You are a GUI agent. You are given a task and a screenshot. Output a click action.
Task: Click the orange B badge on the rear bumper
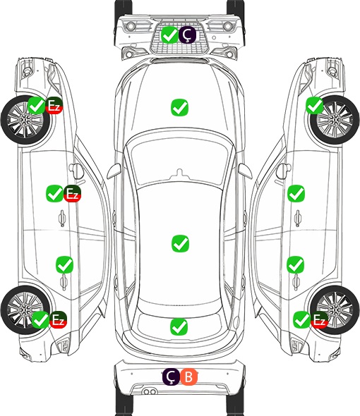click(189, 377)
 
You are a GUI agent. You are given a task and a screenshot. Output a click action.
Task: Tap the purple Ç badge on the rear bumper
click(171, 377)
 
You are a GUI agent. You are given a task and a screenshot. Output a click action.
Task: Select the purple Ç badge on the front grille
click(187, 35)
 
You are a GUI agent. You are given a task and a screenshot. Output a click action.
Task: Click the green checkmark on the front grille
click(169, 35)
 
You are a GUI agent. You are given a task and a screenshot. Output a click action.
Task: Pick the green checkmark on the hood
click(179, 107)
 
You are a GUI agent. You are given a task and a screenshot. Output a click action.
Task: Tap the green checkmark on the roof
click(181, 243)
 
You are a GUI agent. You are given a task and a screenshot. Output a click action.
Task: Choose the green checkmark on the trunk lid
click(179, 326)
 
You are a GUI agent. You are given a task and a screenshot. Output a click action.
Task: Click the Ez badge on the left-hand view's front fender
click(54, 105)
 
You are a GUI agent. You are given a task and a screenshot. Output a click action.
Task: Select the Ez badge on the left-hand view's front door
click(72, 193)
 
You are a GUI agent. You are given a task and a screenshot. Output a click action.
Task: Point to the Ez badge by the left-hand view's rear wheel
click(58, 319)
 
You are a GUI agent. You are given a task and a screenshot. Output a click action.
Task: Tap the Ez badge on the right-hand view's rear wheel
click(319, 319)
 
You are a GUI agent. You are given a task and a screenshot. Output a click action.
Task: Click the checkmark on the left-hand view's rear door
click(64, 264)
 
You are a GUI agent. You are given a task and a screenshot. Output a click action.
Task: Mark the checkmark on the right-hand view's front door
click(296, 193)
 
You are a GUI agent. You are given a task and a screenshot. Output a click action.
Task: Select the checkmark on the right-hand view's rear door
click(296, 264)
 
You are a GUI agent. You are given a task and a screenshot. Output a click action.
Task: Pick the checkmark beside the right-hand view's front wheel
click(315, 105)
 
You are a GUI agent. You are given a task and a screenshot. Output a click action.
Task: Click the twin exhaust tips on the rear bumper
click(150, 391)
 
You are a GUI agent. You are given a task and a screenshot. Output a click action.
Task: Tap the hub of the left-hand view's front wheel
click(25, 120)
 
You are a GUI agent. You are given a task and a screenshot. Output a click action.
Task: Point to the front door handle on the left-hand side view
click(62, 218)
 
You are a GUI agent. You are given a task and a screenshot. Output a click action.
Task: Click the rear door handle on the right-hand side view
click(296, 282)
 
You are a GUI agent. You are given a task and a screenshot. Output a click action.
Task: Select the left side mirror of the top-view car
click(114, 171)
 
